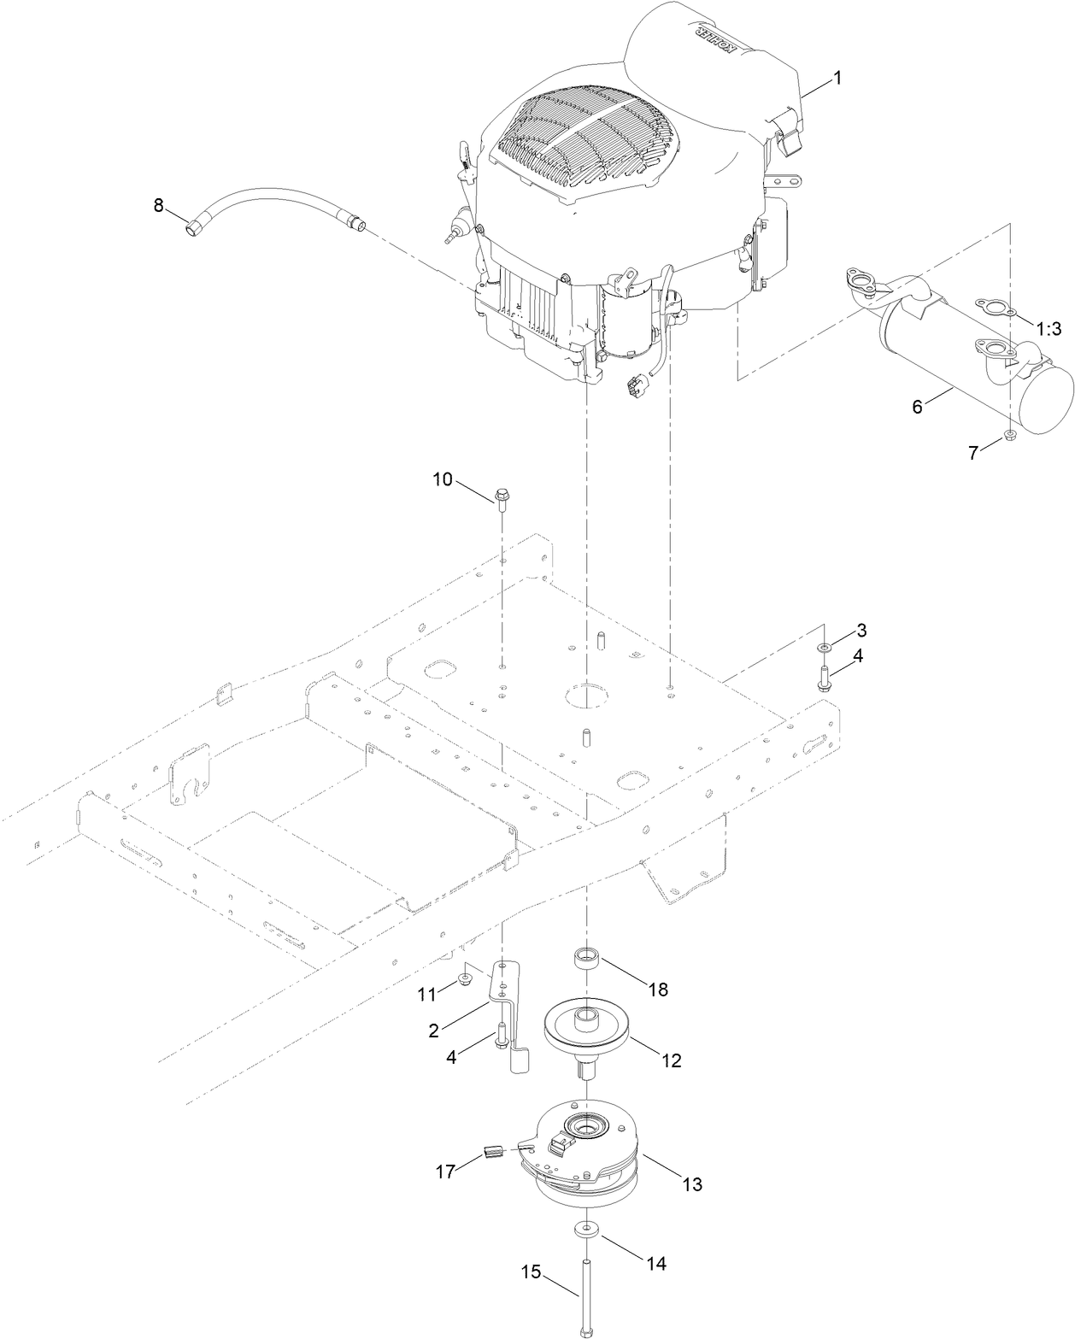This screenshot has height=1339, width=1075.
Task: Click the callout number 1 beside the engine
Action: (x=837, y=77)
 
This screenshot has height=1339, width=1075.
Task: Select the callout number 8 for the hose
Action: (x=157, y=205)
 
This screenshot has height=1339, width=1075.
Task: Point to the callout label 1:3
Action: (x=1051, y=329)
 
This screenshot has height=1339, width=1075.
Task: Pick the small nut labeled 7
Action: (x=1009, y=438)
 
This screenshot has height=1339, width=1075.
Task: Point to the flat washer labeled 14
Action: (x=586, y=1228)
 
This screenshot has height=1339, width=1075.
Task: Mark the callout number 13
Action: (x=691, y=1184)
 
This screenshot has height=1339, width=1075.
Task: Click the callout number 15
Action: (x=531, y=1272)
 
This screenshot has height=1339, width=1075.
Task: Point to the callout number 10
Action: (x=442, y=479)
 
